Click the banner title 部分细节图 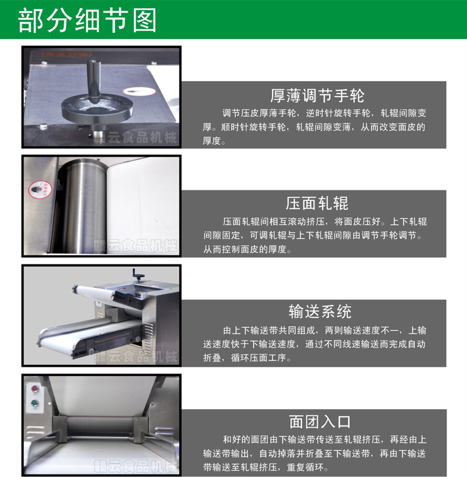[87, 21]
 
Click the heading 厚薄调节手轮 [317, 96]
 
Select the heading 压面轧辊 [317, 203]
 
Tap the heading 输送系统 [320, 312]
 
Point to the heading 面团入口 [320, 422]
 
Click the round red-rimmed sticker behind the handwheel [139, 91]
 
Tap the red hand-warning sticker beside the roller [40, 190]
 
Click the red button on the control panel [35, 389]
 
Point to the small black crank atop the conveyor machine [138, 275]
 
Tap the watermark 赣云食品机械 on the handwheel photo [135, 138]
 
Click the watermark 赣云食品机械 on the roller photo [135, 246]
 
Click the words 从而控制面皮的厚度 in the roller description [245, 249]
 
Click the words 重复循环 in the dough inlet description [305, 467]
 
